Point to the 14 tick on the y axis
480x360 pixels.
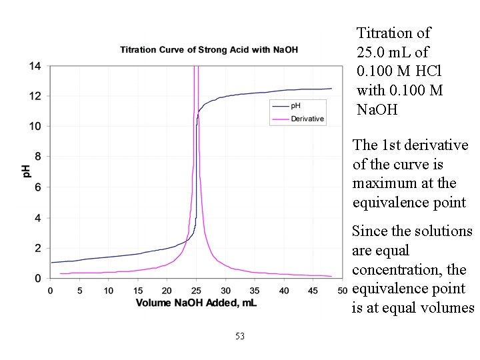pos(35,66)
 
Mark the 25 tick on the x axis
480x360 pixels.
pos(197,290)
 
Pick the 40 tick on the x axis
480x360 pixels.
pos(285,290)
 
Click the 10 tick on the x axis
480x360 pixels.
pos(109,290)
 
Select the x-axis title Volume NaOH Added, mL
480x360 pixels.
pos(196,303)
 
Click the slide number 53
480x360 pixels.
pos(240,336)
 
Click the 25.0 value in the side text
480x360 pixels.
pos(371,52)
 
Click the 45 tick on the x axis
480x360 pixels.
pos(314,290)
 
